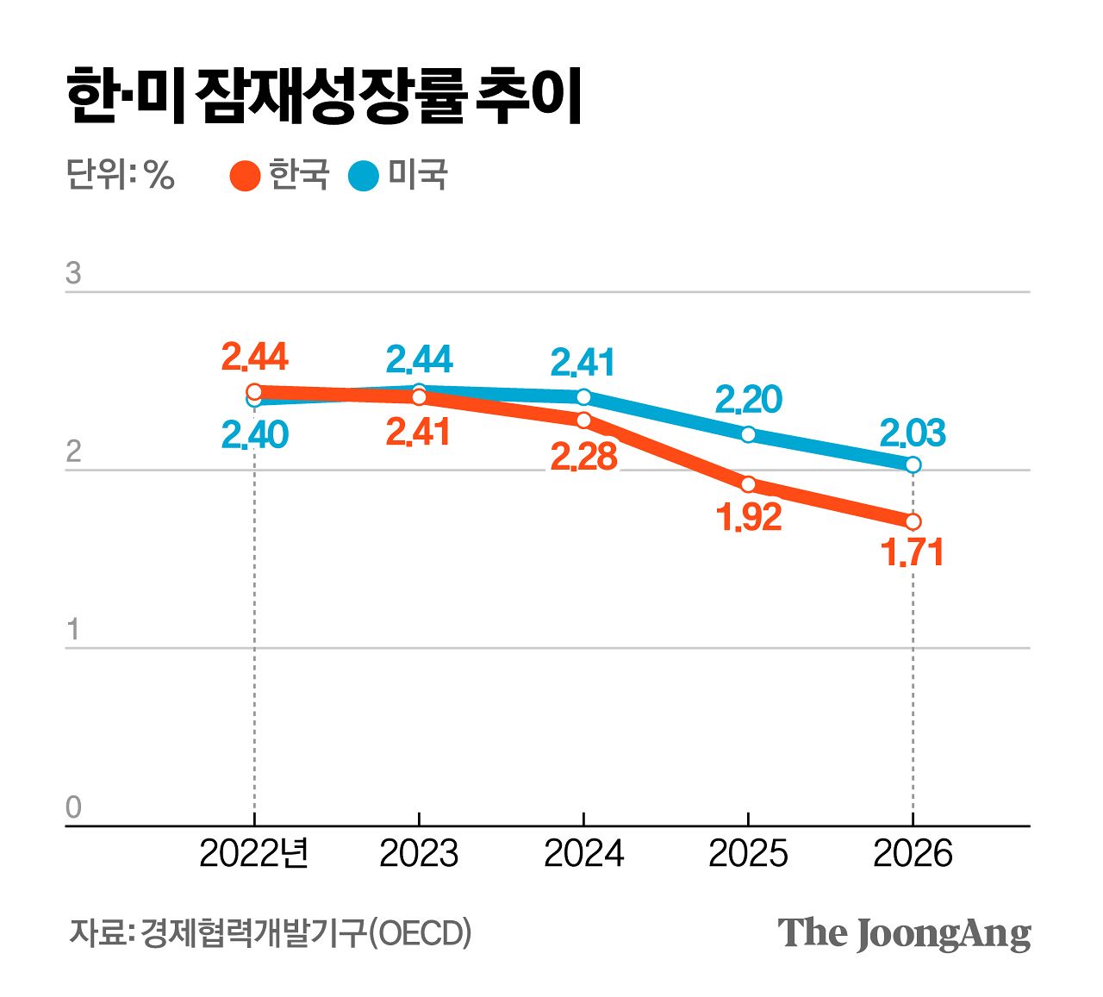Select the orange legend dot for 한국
click(x=246, y=176)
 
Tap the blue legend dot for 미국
click(x=364, y=176)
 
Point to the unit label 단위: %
click(x=121, y=176)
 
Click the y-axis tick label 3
click(x=73, y=273)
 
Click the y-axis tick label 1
click(x=73, y=630)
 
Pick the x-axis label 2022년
click(x=253, y=854)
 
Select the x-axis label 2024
click(x=583, y=854)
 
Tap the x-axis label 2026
click(x=913, y=854)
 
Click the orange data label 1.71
click(x=913, y=553)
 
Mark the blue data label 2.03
click(x=913, y=433)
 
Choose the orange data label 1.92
click(x=748, y=517)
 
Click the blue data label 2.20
click(x=748, y=399)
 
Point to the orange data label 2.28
click(x=583, y=458)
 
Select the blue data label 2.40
click(x=254, y=436)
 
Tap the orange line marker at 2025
click(x=748, y=484)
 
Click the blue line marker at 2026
click(x=913, y=464)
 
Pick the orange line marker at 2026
click(x=913, y=521)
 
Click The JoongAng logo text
click(x=904, y=933)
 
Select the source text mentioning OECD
click(x=271, y=933)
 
